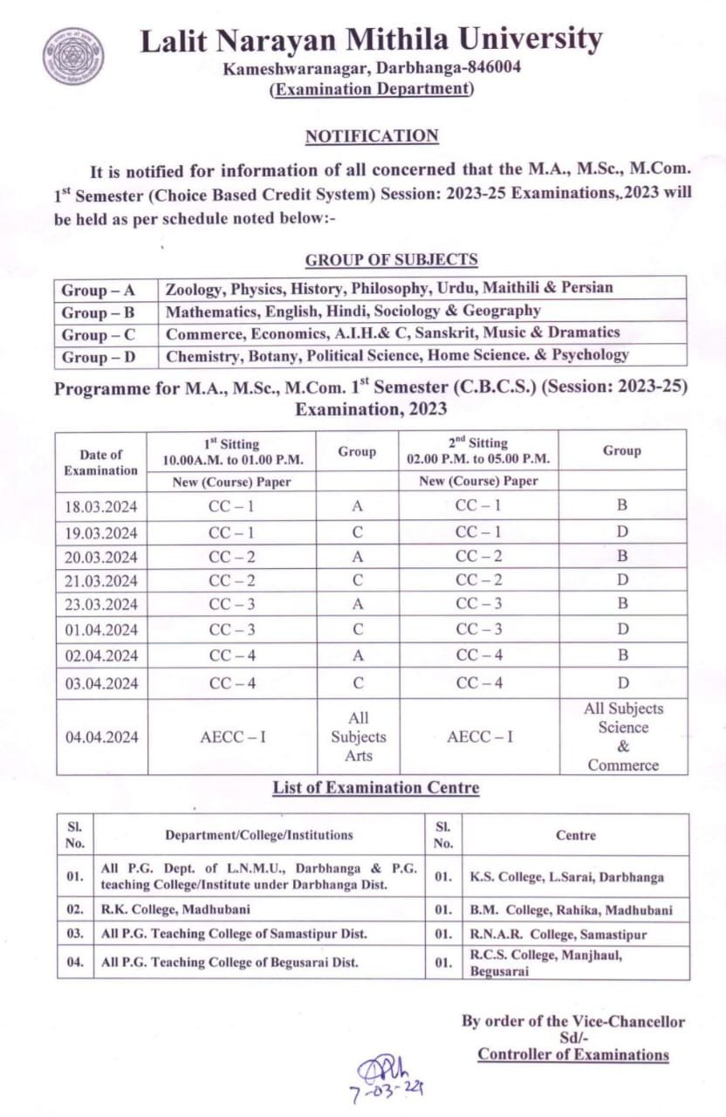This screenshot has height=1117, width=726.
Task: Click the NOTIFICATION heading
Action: [372, 136]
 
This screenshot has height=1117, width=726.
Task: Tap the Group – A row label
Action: [97, 289]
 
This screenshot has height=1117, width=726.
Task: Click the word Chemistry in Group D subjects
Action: [201, 355]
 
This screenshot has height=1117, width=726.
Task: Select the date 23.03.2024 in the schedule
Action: [101, 605]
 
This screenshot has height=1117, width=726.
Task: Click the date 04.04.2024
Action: [101, 737]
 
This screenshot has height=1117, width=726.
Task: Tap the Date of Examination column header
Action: [101, 462]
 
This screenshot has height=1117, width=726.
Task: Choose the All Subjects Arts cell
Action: [359, 737]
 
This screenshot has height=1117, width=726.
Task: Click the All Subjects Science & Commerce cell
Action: [623, 737]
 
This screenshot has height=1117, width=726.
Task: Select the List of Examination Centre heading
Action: [376, 788]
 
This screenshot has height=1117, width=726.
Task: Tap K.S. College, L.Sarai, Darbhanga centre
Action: [566, 877]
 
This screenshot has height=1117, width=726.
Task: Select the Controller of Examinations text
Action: [572, 1054]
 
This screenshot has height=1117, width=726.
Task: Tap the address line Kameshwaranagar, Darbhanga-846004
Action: [373, 68]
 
